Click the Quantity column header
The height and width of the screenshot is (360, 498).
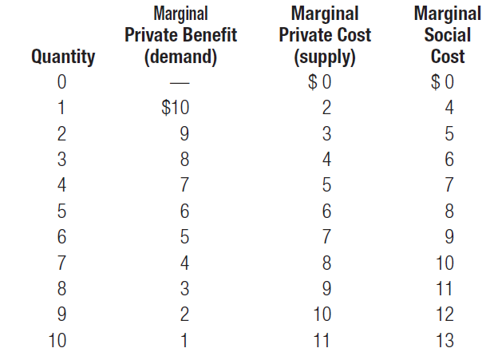pos(62,57)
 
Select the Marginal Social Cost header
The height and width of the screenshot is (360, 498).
pos(447,35)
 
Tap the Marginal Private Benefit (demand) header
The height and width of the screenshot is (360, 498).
pos(180,35)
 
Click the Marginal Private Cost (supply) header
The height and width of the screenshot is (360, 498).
pos(324,35)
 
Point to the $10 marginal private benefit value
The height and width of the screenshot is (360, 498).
pos(175,106)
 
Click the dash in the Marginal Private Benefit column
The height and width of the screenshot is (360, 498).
pos(182,81)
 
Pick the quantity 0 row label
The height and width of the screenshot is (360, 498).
pos(61,81)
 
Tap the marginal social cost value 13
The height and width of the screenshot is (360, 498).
pos(445,340)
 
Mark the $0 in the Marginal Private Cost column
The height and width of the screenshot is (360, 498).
pos(319,81)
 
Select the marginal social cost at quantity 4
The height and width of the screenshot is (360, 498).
pos(450,184)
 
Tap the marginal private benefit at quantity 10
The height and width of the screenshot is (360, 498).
pos(186,340)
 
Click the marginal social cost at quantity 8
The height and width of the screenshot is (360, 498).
pos(445,288)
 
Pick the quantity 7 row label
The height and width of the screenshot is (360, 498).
pos(61,262)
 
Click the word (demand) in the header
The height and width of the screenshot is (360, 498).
pos(180,57)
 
